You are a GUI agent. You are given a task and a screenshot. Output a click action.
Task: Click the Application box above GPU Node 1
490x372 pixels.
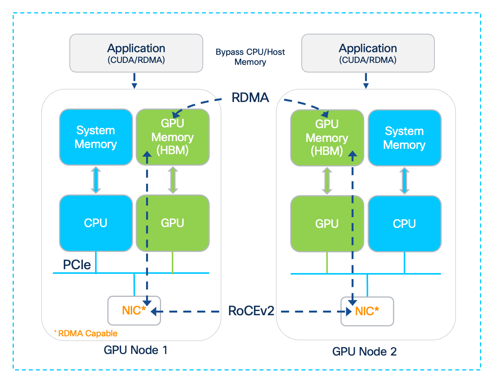[x=136, y=53]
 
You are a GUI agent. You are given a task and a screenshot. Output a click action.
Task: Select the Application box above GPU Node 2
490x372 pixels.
[x=368, y=53]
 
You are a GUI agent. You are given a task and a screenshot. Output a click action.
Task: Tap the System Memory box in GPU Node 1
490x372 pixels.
[x=96, y=137]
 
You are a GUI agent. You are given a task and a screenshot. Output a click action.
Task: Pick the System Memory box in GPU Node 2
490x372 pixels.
[x=404, y=138]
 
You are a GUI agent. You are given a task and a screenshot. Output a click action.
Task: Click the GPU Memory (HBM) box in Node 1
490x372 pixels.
[x=173, y=137]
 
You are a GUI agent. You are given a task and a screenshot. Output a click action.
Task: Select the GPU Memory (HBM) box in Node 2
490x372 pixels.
[x=327, y=138]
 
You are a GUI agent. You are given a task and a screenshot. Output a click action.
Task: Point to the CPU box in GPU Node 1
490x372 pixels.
[x=96, y=223]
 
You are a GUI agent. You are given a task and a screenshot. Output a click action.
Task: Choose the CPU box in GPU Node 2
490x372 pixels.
[x=404, y=224]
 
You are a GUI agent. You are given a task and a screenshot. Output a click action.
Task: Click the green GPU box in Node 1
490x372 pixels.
[x=173, y=223]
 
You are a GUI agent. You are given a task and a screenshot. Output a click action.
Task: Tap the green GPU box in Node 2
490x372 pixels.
[x=327, y=224]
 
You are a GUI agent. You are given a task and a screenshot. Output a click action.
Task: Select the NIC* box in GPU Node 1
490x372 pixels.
[x=134, y=311]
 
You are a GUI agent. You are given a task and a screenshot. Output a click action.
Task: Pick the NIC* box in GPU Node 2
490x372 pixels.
[x=367, y=311]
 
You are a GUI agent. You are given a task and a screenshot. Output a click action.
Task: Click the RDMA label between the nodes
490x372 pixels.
[x=250, y=98]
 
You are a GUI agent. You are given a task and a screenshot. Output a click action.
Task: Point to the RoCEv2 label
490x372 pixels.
[x=251, y=311]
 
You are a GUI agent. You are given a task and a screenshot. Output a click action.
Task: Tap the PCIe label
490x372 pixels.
[x=77, y=265]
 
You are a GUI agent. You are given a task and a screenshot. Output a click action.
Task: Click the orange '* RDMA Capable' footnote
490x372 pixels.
[x=86, y=333]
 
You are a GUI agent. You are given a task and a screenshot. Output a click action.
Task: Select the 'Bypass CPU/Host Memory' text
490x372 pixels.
[x=250, y=57]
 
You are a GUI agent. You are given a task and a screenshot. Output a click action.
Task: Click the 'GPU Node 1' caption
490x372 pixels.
[x=135, y=350]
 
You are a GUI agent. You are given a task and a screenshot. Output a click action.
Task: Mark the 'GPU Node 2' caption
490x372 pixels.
[x=364, y=351]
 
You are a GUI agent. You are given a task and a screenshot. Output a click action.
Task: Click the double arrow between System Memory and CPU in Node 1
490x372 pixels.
[x=96, y=180]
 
